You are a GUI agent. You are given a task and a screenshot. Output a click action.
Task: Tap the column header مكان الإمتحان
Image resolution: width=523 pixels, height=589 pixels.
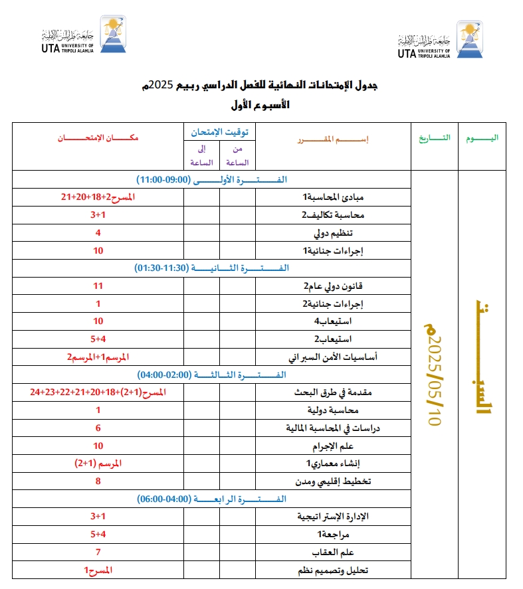click(98, 137)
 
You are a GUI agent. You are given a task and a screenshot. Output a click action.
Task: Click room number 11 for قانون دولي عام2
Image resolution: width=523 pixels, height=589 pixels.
click(98, 286)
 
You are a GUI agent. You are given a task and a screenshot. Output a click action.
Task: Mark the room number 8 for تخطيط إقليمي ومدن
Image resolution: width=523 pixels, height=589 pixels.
click(98, 481)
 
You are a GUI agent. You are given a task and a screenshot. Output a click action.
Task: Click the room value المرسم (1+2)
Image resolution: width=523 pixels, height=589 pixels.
click(98, 463)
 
